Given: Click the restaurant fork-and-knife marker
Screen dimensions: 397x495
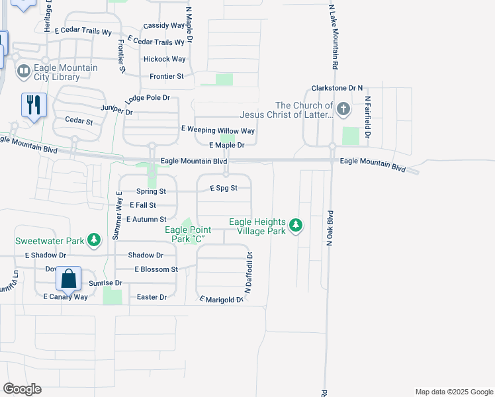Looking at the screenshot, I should coord(34,105).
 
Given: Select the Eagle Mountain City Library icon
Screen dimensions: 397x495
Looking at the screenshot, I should coord(24,69).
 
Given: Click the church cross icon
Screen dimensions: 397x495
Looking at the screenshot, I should coord(343,109).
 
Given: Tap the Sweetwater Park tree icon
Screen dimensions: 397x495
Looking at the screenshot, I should coord(95,238).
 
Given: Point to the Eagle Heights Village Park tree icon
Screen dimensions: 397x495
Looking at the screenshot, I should coord(296,226).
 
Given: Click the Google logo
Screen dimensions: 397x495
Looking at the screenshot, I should coord(22,389).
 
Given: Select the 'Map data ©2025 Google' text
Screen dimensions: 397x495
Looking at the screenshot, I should coord(453,392).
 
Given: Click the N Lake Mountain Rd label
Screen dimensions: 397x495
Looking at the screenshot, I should coord(335,36).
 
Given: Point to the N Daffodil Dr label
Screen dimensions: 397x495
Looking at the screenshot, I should coord(249,272).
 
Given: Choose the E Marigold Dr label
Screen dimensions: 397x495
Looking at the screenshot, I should coord(222,300).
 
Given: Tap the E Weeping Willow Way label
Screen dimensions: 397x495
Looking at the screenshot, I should coord(218,131).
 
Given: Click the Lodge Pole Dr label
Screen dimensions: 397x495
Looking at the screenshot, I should coord(148,98).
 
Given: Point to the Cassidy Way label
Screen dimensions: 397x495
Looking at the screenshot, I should coord(163,26).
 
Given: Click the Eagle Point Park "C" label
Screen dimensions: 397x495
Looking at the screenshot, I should coord(183,234).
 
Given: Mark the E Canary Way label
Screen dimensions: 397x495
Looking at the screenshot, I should coord(66,297).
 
